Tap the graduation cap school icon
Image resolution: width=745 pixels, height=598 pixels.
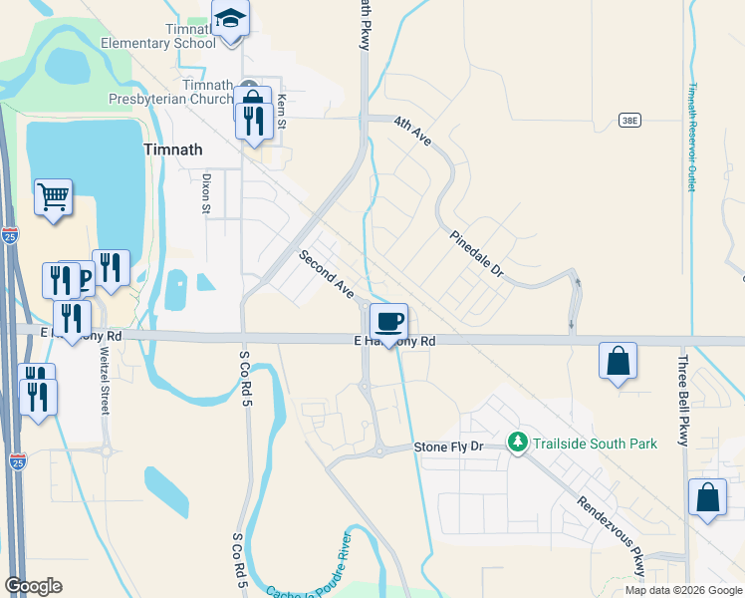click(230, 19)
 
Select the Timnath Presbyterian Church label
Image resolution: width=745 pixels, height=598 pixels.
click(171, 92)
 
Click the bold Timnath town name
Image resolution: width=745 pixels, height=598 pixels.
click(173, 149)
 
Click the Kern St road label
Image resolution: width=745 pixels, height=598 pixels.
click(282, 112)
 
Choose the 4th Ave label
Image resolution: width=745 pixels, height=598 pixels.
click(411, 131)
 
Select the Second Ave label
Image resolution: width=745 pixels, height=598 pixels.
click(328, 274)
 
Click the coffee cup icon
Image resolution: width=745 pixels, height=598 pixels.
click(388, 322)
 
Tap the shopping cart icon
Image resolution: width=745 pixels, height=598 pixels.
click(53, 195)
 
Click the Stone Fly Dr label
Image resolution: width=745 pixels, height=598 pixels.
click(448, 448)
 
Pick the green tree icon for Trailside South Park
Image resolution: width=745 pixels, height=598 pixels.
click(517, 442)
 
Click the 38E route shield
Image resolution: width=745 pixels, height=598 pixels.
click(628, 120)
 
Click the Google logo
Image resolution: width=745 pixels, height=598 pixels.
click(33, 586)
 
